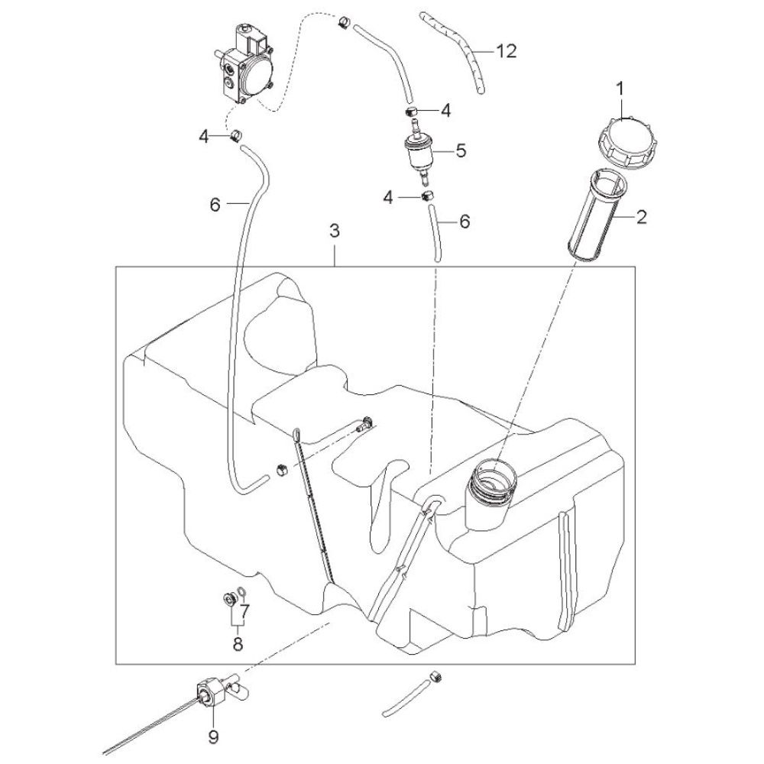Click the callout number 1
pyautogui.click(x=620, y=89)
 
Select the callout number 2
pyautogui.click(x=642, y=216)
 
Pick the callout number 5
pyautogui.click(x=461, y=150)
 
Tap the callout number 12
pyautogui.click(x=507, y=50)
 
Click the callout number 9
pyautogui.click(x=213, y=736)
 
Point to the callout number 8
pyautogui.click(x=238, y=643)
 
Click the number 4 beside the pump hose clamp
pyautogui.click(x=204, y=137)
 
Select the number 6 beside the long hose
pyautogui.click(x=215, y=205)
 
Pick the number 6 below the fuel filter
pyautogui.click(x=465, y=222)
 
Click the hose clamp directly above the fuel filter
pyautogui.click(x=412, y=111)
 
